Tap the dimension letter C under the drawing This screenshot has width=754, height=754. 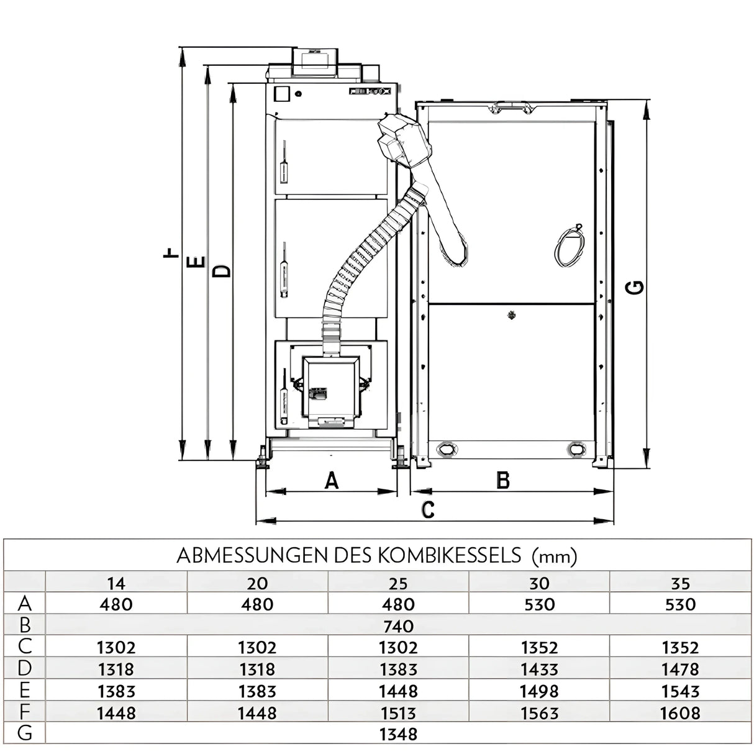[427, 510]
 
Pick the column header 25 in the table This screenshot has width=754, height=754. [398, 583]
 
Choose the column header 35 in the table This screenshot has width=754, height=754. [680, 583]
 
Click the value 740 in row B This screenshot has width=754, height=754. [398, 625]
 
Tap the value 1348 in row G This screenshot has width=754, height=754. [398, 734]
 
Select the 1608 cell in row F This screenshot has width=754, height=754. [680, 713]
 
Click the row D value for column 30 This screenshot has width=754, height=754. [539, 670]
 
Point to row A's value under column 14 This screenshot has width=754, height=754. [116, 604]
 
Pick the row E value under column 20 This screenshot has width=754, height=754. [257, 691]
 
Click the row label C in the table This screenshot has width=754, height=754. [25, 647]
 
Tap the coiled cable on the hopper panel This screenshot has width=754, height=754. [570, 246]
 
